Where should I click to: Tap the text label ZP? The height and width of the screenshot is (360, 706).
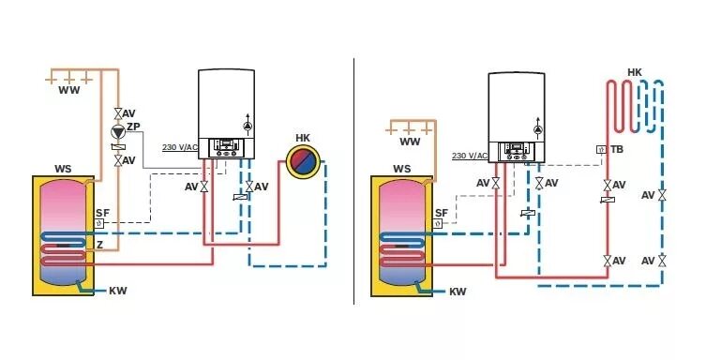point(133,127)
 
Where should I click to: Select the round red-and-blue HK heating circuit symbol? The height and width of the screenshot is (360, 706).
point(303,162)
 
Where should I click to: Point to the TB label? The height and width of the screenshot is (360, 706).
point(616,149)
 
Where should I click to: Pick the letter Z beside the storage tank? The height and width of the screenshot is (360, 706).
point(98,244)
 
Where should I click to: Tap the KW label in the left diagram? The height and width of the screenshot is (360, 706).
point(117,291)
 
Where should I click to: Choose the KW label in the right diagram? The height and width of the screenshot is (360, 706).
point(458,292)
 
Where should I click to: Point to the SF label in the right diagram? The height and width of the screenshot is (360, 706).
point(441,213)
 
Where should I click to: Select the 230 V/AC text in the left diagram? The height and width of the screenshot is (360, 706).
point(180,147)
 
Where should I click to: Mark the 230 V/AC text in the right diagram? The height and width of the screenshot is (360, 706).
point(470,156)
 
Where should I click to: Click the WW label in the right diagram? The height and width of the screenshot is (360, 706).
point(410,142)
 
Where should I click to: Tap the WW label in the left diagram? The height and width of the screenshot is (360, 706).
point(68,91)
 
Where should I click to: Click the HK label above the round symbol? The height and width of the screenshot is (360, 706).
point(303,138)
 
